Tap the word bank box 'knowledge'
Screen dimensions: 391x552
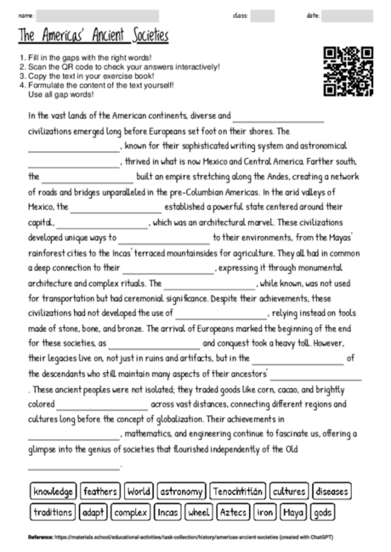pyautogui.click(x=53, y=491)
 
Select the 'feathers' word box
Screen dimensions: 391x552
pyautogui.click(x=101, y=491)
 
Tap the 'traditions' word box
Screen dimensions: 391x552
pyautogui.click(x=52, y=512)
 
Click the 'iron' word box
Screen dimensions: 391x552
pyautogui.click(x=266, y=512)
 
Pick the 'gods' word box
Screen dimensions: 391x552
pyautogui.click(x=322, y=512)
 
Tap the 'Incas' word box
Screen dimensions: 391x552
pyautogui.click(x=167, y=512)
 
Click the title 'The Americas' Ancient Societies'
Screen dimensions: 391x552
pyautogui.click(x=93, y=37)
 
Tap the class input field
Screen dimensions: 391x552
pyautogui.click(x=263, y=15)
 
